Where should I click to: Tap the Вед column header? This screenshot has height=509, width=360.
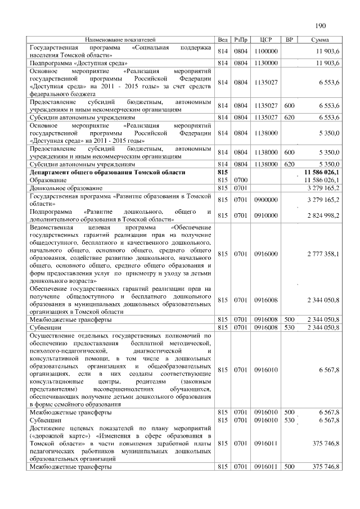[x=223, y=40]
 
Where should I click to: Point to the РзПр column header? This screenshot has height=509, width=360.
[x=241, y=40]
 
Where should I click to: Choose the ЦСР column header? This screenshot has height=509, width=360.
[x=266, y=40]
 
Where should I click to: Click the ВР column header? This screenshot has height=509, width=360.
[x=289, y=40]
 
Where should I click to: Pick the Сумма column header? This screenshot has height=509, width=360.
[x=320, y=40]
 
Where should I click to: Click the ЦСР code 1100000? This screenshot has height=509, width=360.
[x=266, y=52]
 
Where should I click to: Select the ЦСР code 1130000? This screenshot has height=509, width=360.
[x=266, y=64]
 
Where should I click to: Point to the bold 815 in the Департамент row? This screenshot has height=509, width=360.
[x=222, y=172]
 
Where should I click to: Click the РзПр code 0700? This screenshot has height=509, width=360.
[x=241, y=179]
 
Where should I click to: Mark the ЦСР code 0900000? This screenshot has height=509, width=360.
[x=266, y=199]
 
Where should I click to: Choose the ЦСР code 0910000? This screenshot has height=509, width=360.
[x=266, y=215]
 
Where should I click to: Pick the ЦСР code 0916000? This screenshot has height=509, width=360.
[x=266, y=254]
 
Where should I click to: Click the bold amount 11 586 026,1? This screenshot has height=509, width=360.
[x=321, y=172]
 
